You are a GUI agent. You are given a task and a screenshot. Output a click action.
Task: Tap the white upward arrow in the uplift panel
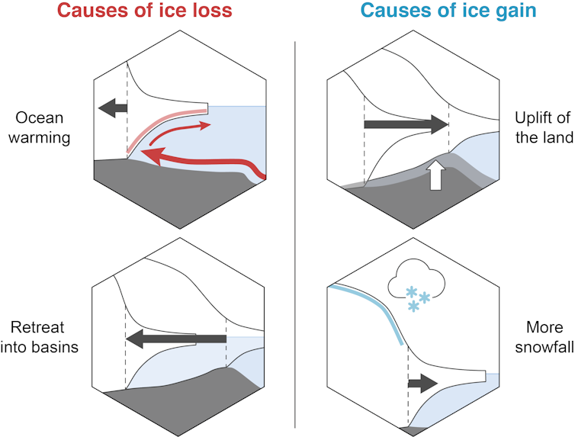436,174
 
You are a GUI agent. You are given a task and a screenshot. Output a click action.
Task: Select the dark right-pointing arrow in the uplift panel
404,124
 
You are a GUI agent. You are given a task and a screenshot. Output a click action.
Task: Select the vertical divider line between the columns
295,229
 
